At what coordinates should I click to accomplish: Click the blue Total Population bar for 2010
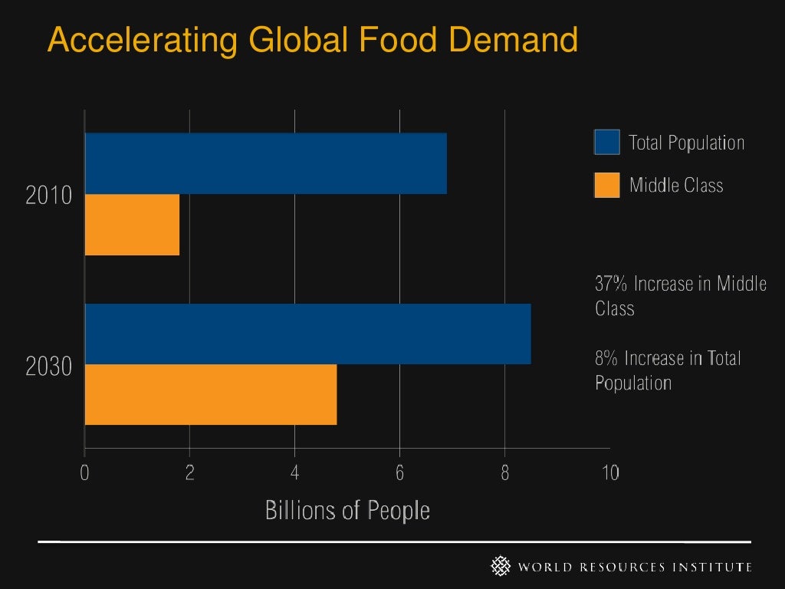point(265,163)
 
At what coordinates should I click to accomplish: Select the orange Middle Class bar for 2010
point(132,225)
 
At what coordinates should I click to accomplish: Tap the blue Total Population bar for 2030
point(307,334)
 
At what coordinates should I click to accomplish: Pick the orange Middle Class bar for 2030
point(211,394)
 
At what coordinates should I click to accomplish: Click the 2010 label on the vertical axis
point(49,196)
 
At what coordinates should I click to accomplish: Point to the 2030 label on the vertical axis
point(49,367)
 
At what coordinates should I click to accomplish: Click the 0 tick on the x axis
point(84,473)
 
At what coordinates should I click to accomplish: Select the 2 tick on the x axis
point(189,473)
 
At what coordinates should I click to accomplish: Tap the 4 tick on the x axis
point(294,473)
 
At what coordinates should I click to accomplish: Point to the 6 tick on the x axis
point(399,473)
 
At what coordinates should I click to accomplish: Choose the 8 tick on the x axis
point(504,473)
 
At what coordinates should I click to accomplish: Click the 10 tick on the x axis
point(609,473)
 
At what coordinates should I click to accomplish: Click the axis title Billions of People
point(347,510)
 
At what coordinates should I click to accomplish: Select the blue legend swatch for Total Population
point(606,143)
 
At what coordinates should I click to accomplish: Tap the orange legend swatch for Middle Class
point(606,185)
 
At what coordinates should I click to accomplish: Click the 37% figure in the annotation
point(611,284)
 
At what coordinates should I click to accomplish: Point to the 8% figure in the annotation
point(607,358)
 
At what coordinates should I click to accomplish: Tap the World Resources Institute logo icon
point(501,567)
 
